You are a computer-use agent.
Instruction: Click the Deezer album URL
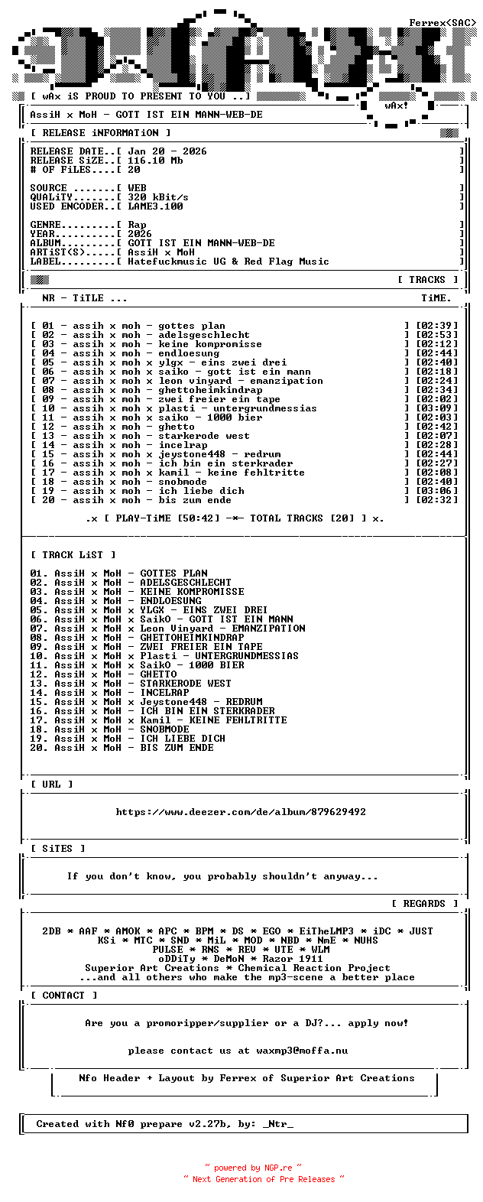pyautogui.click(x=241, y=812)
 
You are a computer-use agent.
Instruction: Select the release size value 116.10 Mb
pyautogui.click(x=155, y=161)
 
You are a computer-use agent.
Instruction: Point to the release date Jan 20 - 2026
pyautogui.click(x=167, y=151)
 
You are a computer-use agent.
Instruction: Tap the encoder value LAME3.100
pyautogui.click(x=155, y=206)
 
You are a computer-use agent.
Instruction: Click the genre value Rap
pyautogui.click(x=137, y=225)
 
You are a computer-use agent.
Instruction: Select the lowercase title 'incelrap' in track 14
pyautogui.click(x=183, y=445)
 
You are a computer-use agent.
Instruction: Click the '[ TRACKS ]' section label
pyautogui.click(x=427, y=280)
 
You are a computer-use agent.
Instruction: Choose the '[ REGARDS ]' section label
pyautogui.click(x=424, y=904)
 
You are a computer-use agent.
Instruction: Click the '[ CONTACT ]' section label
pyautogui.click(x=63, y=996)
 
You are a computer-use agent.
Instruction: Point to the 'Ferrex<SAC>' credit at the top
pyautogui.click(x=442, y=23)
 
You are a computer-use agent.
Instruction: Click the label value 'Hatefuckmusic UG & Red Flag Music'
pyautogui.click(x=228, y=262)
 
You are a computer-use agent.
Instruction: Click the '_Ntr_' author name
pyautogui.click(x=277, y=1124)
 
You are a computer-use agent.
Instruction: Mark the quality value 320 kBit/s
pyautogui.click(x=157, y=197)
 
